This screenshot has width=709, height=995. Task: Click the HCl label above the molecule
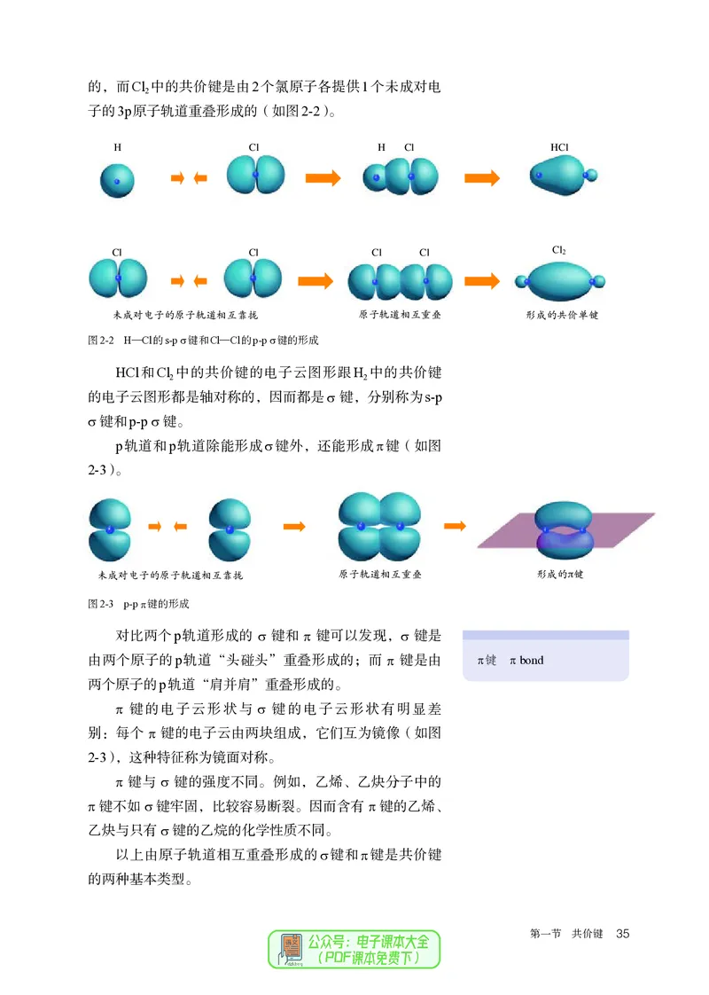559,147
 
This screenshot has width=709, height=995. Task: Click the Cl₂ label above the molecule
559,250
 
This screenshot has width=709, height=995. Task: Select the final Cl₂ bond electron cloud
560,280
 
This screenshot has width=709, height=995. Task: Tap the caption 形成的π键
560,575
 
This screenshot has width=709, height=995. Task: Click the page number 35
621,934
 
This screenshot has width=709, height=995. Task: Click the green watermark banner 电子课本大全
372,942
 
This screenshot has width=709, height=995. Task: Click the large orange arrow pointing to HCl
482,177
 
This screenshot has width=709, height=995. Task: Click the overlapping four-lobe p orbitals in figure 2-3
380,527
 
